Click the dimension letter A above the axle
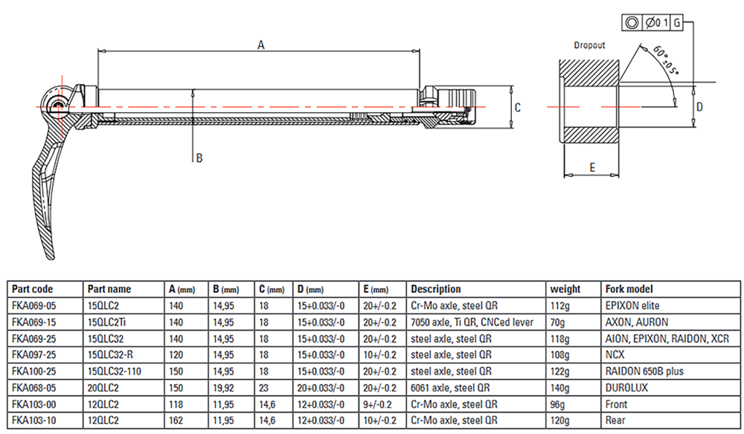pos(261,45)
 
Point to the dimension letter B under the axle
pos(199,158)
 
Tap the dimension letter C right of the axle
pos(518,108)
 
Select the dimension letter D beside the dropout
pos(699,107)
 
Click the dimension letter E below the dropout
pos(592,167)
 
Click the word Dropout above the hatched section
pos(590,45)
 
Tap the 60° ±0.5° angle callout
pos(666,59)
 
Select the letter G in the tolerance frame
pos(676,23)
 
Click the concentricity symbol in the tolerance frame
pos(632,23)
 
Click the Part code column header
pos(32,289)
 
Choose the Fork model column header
pos(629,289)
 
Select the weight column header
pos(565,289)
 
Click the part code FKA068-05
pos(33,388)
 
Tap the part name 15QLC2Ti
pos(106,323)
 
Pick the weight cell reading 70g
pos(557,323)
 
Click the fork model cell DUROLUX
pos(626,388)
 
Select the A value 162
pos(176,421)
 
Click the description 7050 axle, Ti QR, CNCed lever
pos(472,323)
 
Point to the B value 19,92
pos(223,388)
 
